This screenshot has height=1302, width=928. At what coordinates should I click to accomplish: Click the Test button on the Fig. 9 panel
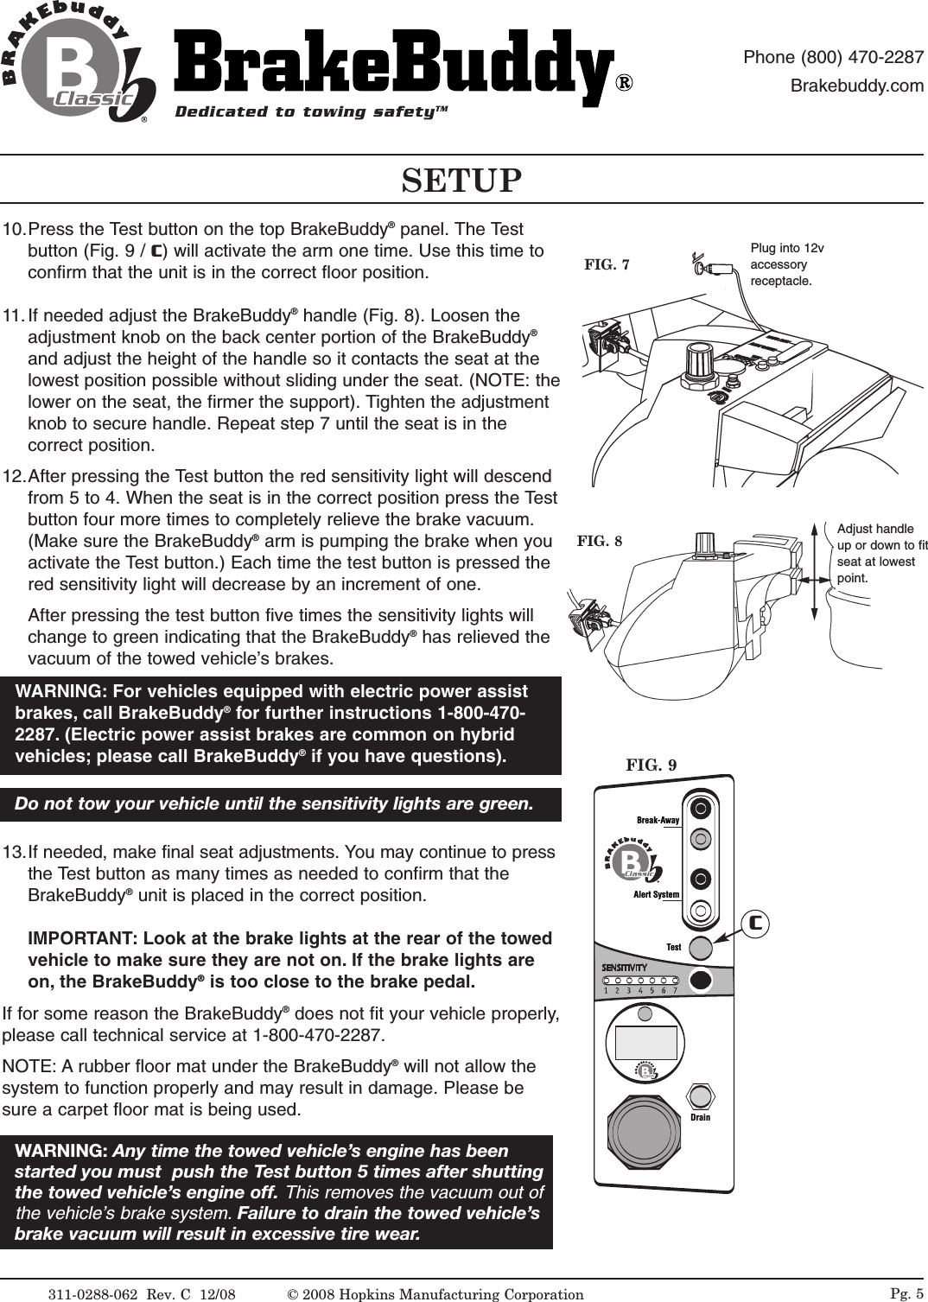tap(701, 948)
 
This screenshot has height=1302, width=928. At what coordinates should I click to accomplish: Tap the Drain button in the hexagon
tap(701, 1096)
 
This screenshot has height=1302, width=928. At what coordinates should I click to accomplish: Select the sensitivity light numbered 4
tap(640, 981)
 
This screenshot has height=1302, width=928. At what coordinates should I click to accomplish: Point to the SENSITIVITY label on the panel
tap(625, 966)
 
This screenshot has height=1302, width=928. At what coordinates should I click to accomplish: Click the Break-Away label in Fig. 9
tap(658, 820)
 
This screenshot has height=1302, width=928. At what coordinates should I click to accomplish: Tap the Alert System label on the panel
tap(656, 894)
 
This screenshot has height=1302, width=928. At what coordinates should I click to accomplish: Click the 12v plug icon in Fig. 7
tap(704, 265)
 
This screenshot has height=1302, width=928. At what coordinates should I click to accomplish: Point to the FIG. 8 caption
tap(599, 542)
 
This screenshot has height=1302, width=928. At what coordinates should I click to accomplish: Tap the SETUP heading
tap(462, 181)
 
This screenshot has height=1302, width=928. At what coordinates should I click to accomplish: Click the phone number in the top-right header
tap(833, 58)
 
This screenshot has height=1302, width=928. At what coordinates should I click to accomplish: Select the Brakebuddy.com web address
tap(857, 86)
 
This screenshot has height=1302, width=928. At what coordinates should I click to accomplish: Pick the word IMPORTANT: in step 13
tap(83, 938)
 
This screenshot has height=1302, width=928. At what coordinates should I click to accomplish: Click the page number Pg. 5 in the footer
tap(906, 1292)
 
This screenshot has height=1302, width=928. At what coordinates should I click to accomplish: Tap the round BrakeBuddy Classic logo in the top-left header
tap(78, 69)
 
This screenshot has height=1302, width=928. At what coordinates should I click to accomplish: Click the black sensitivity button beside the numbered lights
tap(701, 981)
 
